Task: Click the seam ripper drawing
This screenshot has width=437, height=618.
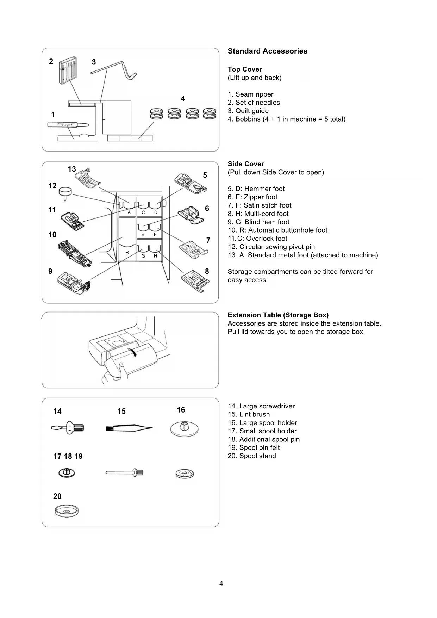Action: click(68, 125)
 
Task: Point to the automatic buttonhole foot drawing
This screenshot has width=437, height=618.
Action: click(75, 253)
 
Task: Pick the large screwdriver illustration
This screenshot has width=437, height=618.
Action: click(68, 428)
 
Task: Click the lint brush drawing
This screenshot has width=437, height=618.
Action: click(129, 428)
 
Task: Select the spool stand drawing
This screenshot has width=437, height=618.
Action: click(67, 511)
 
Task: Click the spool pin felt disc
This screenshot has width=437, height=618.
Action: click(185, 474)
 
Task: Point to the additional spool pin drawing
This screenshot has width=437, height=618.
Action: click(125, 472)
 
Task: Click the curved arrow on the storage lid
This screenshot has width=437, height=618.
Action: click(133, 352)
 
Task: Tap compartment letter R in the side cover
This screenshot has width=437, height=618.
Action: click(127, 253)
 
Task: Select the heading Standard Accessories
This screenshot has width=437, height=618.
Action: click(267, 51)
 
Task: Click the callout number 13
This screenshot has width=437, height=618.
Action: click(72, 169)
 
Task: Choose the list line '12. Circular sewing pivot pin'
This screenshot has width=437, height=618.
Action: click(271, 247)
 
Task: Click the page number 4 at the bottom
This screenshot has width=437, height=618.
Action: click(221, 583)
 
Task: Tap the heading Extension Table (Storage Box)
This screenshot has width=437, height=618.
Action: click(278, 315)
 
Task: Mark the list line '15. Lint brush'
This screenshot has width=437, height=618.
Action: click(249, 414)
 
